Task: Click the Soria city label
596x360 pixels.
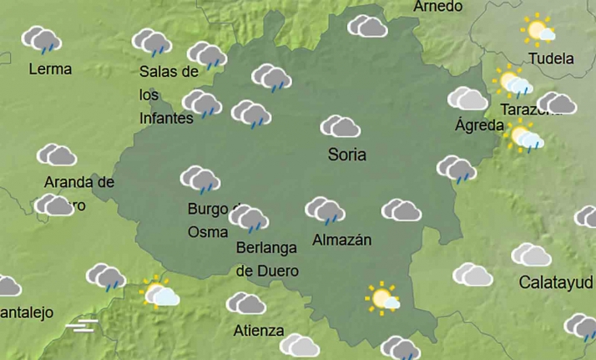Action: point(347,155)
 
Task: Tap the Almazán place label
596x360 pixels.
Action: point(341,241)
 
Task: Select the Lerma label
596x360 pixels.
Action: point(50,68)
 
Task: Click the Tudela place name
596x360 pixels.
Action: point(551,58)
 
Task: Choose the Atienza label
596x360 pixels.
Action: point(259,329)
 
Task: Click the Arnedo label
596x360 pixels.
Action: point(437,7)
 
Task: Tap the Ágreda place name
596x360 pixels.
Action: point(479,126)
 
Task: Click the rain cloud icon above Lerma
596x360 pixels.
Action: point(41,40)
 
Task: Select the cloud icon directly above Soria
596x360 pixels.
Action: point(341,127)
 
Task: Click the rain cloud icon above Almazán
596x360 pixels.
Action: point(325,210)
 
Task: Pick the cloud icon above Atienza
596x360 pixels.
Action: point(246,303)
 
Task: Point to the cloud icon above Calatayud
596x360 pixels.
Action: point(532,255)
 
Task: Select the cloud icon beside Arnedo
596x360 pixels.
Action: point(367,27)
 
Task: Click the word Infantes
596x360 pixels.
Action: point(166,118)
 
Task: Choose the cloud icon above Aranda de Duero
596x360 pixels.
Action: point(57,155)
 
